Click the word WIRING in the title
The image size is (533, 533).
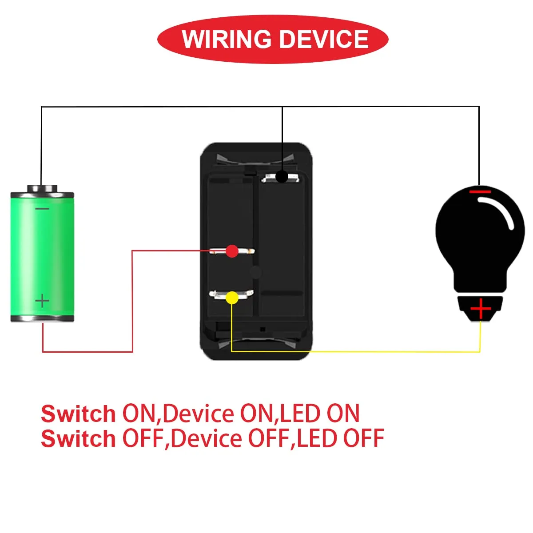[x=226, y=39]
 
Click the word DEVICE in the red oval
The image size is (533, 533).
[x=324, y=39]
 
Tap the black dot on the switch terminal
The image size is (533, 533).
[x=282, y=176]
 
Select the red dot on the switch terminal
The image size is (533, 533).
[x=232, y=251]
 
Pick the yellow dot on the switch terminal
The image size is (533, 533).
[x=232, y=298]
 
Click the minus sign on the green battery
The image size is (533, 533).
[x=42, y=209]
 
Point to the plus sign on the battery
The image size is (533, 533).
[x=42, y=301]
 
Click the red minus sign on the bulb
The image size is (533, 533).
[x=480, y=192]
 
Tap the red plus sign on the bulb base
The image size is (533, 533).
[x=481, y=308]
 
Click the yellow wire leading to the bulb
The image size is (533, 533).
[x=355, y=351]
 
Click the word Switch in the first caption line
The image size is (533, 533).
[x=78, y=414]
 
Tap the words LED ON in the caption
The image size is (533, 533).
[x=320, y=414]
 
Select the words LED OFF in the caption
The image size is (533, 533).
[x=340, y=438]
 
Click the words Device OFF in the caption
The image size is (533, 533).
[x=231, y=438]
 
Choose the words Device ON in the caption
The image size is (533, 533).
[x=218, y=414]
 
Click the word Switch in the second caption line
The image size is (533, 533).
[x=78, y=439]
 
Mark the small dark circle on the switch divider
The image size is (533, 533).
[x=255, y=272]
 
